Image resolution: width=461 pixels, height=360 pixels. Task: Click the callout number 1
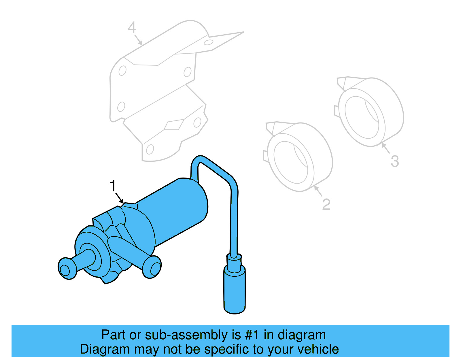point(113,186)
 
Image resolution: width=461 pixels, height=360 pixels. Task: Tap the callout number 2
point(326,204)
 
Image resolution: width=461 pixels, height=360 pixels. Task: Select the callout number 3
point(395,161)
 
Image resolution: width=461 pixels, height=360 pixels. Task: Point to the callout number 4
point(132,28)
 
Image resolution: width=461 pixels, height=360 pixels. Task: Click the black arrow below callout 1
point(119,199)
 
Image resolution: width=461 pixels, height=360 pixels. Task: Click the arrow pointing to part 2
point(318,191)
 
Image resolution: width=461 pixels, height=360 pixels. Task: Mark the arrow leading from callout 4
point(138,40)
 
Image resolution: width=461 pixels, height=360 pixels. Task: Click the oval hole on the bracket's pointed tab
point(208,43)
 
